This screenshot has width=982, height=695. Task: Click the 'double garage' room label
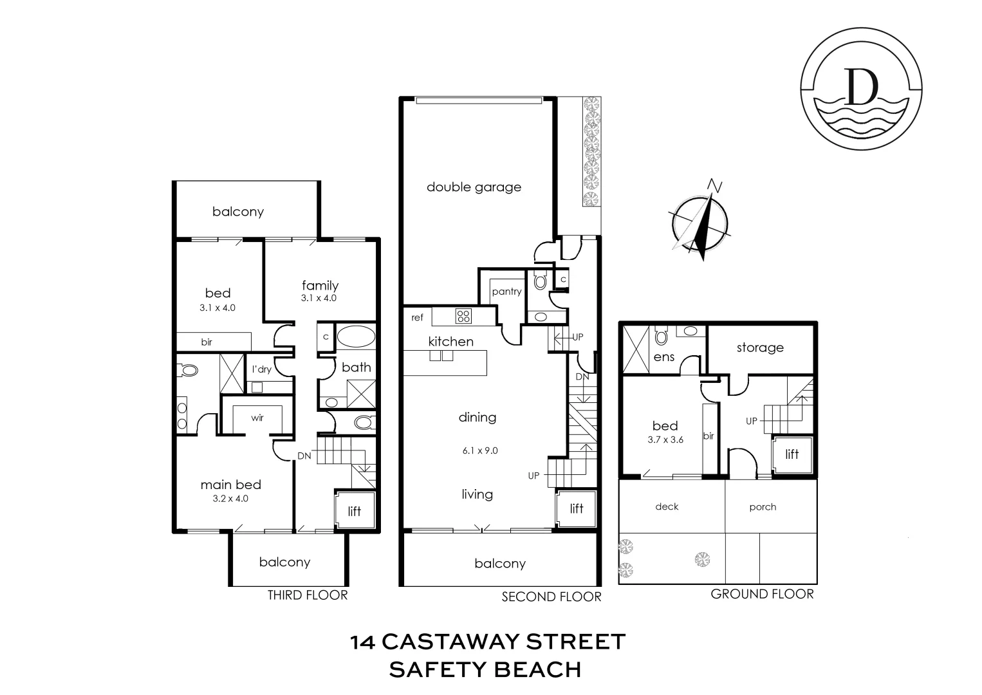(474, 187)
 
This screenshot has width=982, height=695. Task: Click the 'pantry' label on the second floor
(506, 292)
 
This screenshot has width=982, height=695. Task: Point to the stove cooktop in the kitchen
(463, 316)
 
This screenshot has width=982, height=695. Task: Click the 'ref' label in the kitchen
(418, 317)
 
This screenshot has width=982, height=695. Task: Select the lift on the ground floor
(792, 454)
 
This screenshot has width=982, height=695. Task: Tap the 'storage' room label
(760, 347)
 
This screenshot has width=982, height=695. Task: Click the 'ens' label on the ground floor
(663, 357)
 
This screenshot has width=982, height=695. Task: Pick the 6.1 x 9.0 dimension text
(479, 450)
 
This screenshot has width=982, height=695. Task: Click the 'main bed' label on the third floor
(230, 485)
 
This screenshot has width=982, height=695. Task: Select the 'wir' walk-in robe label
(257, 418)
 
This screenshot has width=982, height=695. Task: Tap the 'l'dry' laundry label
(261, 369)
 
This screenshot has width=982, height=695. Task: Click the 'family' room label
(320, 285)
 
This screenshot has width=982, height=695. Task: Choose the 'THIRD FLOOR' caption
(308, 595)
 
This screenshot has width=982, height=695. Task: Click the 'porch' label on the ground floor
(763, 507)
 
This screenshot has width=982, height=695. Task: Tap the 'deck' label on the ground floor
(667, 506)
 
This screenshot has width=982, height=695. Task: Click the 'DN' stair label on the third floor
(304, 456)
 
